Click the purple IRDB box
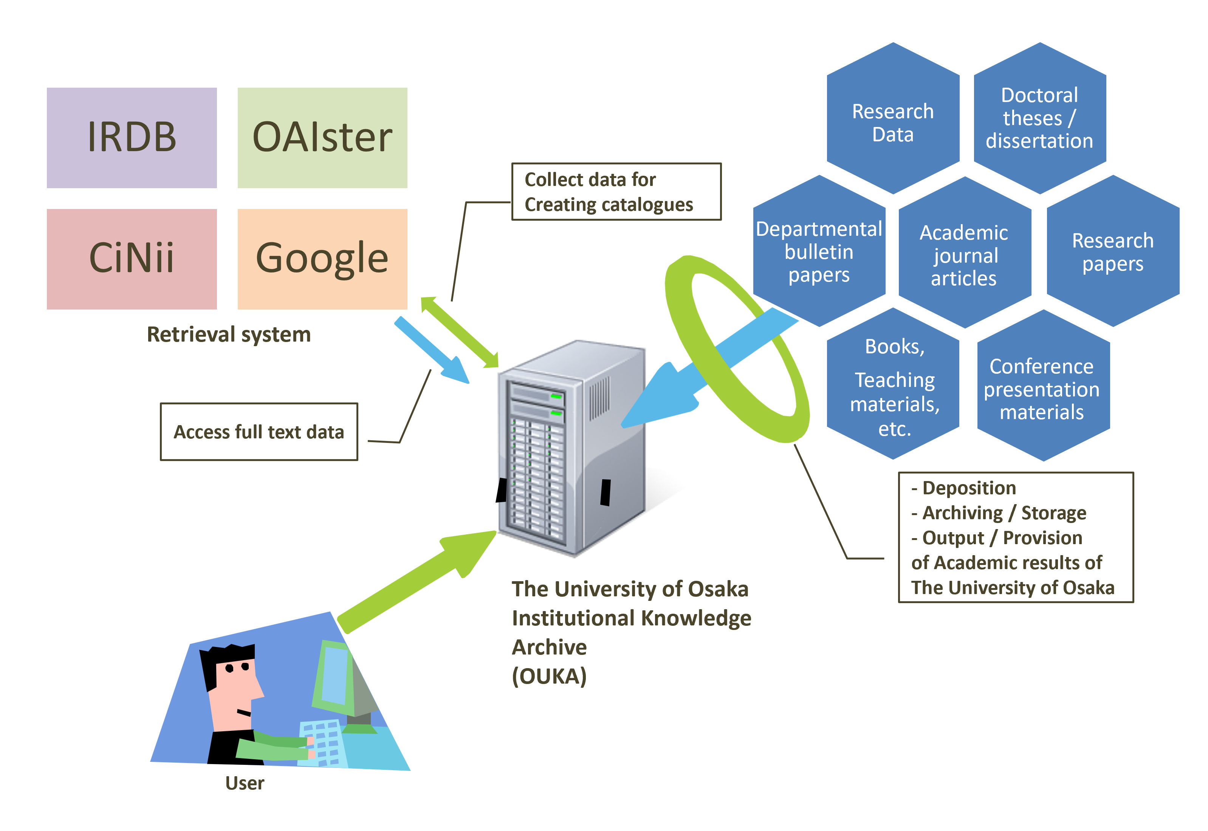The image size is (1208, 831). [132, 138]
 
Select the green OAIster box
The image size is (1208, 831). [322, 138]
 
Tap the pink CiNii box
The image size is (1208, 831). [132, 259]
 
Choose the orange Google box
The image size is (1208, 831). [322, 259]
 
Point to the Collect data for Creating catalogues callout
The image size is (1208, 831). [616, 192]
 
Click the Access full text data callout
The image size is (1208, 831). [259, 432]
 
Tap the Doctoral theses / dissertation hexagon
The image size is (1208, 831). [1040, 118]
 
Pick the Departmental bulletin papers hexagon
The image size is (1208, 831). [819, 251]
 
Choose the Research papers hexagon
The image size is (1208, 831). [1113, 251]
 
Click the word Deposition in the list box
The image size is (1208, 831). [969, 488]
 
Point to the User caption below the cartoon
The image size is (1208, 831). [245, 783]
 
